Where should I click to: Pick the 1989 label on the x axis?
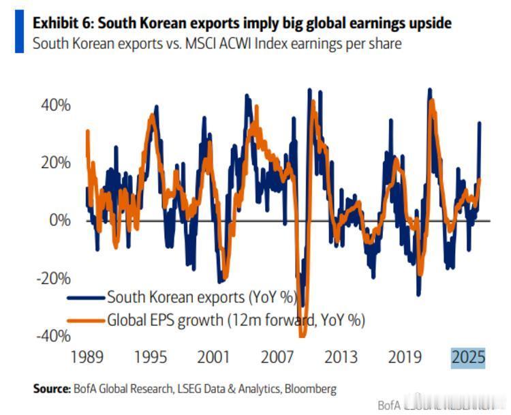(87, 357)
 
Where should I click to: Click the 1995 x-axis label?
(150, 357)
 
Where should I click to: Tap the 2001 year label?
(213, 357)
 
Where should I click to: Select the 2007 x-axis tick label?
(277, 357)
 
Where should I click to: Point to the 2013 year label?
(341, 357)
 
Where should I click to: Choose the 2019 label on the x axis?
(404, 357)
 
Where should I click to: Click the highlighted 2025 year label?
(468, 357)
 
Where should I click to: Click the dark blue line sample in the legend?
(85, 297)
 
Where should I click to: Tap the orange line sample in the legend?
(85, 319)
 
